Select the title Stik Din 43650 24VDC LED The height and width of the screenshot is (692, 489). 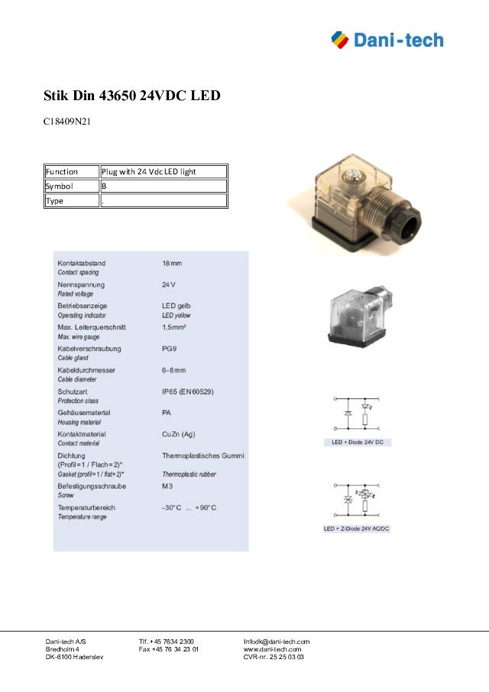tap(131, 96)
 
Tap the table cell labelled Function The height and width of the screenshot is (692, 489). tap(71, 172)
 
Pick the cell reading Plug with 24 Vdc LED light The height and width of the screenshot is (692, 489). tap(164, 172)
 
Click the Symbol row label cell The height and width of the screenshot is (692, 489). tap(71, 186)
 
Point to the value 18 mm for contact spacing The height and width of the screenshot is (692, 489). tap(172, 263)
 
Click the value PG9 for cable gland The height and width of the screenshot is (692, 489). tap(170, 349)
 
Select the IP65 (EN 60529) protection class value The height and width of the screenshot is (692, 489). tap(187, 391)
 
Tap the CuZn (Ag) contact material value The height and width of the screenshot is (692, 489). tap(179, 434)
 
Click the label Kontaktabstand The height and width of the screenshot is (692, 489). tap(82, 263)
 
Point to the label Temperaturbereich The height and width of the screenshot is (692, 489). tap(86, 508)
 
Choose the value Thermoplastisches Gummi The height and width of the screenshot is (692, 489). tap(202, 456)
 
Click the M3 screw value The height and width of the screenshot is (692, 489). tap(167, 486)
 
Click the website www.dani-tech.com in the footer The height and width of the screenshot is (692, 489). tap(272, 649)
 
